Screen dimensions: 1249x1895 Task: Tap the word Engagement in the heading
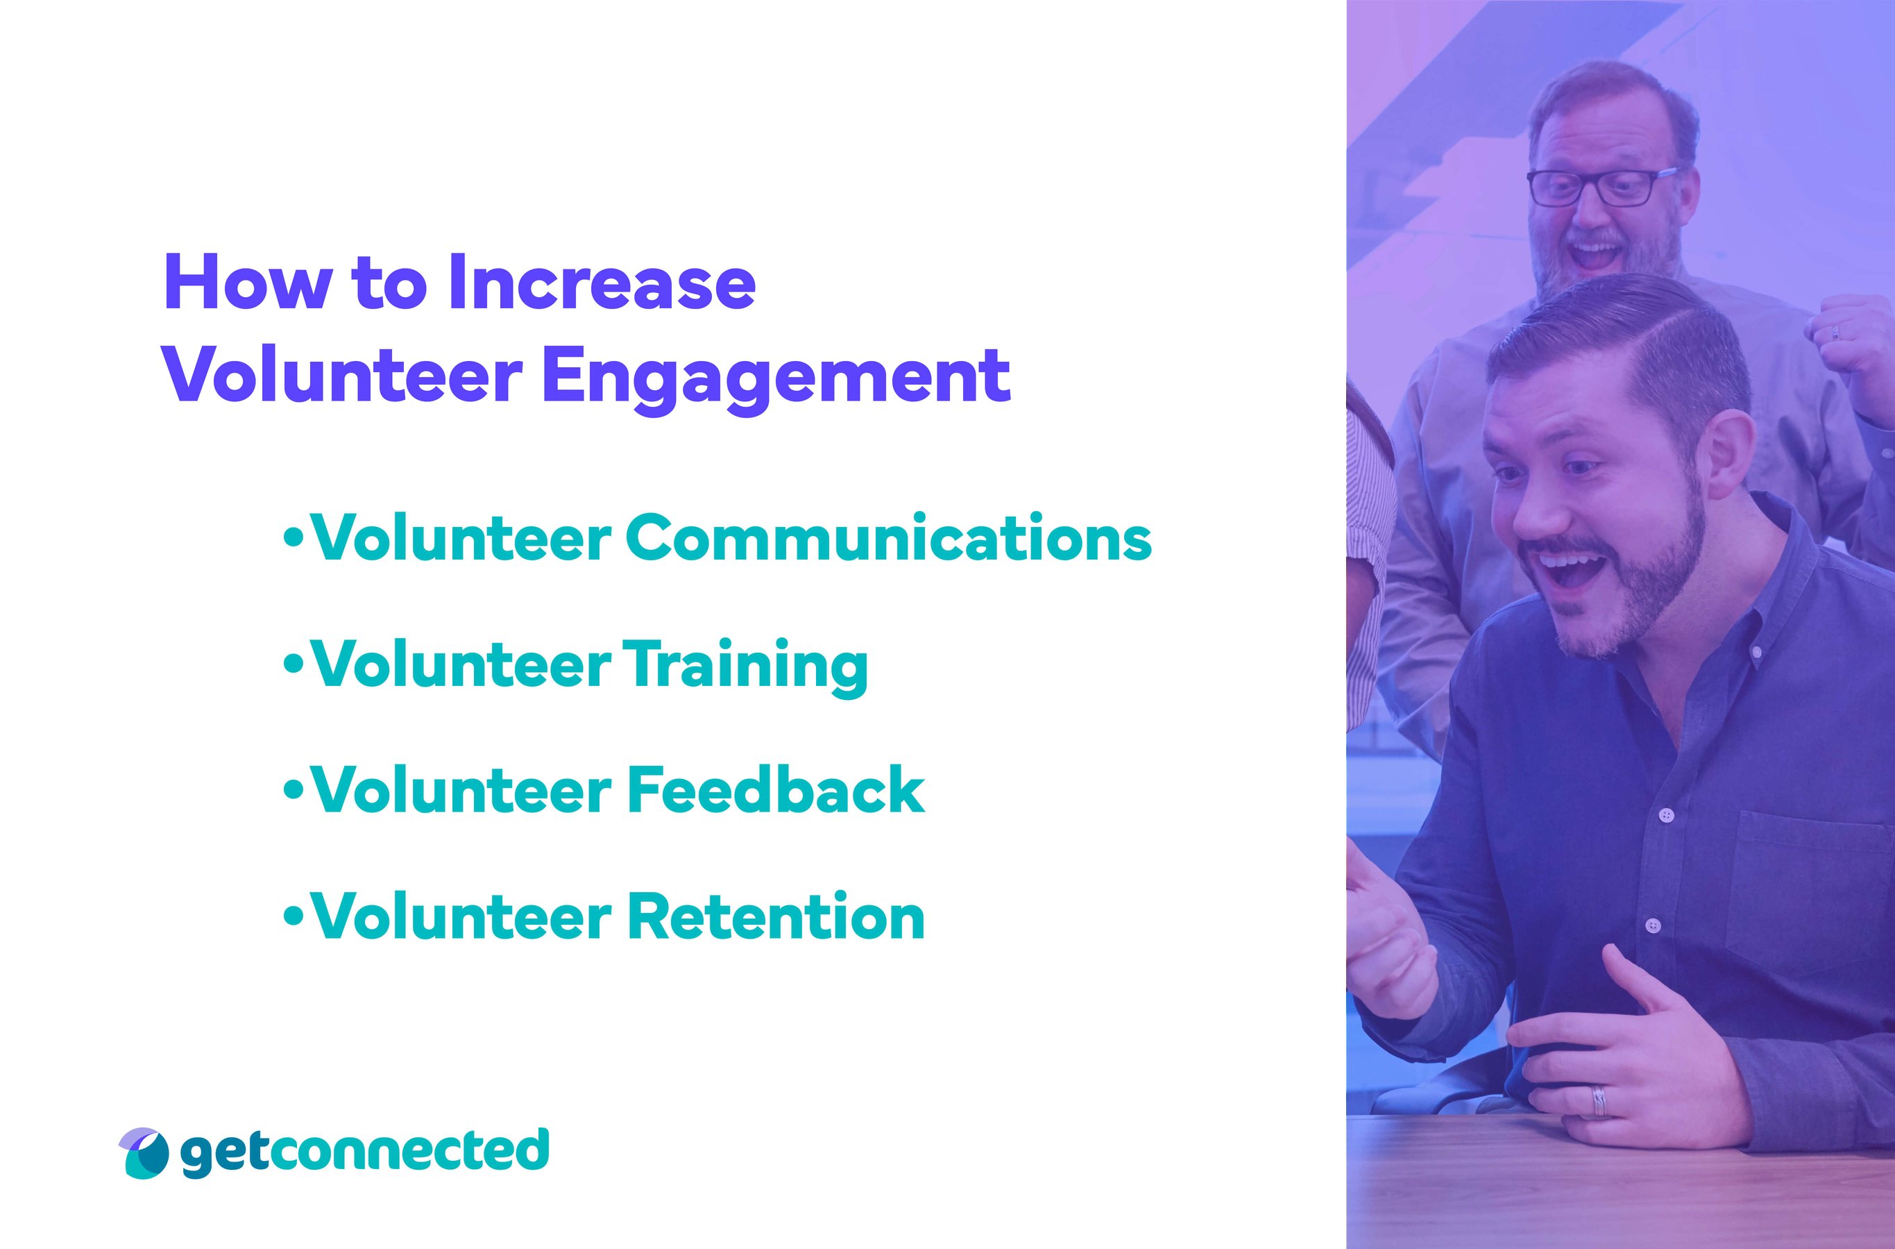click(x=776, y=376)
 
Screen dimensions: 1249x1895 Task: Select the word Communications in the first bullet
click(x=887, y=539)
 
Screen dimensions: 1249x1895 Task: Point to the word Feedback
click(x=776, y=790)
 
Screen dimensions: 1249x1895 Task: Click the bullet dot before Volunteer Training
click(x=294, y=663)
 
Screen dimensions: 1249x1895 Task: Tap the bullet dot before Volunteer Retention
click(x=294, y=915)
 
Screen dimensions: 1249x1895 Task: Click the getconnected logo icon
click(x=145, y=1152)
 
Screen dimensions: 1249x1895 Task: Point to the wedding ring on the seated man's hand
click(x=1599, y=1103)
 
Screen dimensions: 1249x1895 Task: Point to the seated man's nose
click(x=1533, y=510)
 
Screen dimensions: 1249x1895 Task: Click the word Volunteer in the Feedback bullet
click(x=462, y=790)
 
